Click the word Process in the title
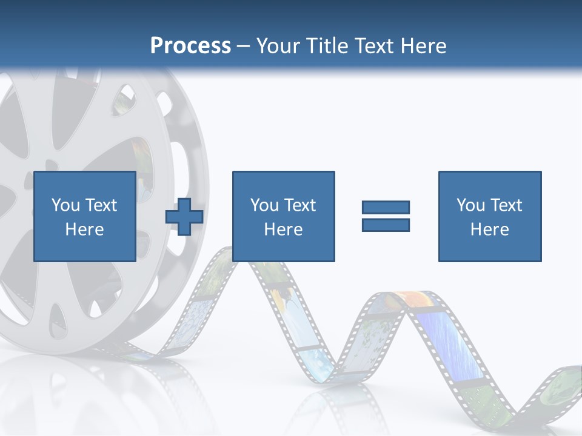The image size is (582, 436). pos(190,46)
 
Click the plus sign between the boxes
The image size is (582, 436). pos(184,216)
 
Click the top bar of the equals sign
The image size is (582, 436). pos(386,207)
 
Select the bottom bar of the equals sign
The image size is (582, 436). pos(386,225)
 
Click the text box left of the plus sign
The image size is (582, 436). pos(84,216)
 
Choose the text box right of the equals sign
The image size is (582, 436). pos(490,216)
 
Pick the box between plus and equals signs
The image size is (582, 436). pos(283,216)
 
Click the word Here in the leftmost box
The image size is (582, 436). pos(84,230)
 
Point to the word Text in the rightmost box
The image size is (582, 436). pos(506,205)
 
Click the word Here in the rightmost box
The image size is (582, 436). pos(490,230)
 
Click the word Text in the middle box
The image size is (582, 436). pos(299,205)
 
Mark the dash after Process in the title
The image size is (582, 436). pos(244,46)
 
